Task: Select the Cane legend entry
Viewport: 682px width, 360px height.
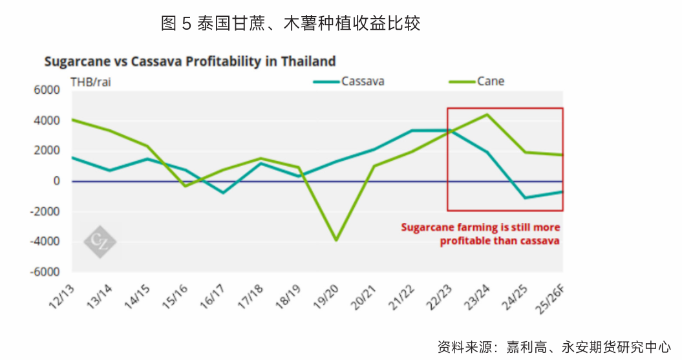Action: [491, 81]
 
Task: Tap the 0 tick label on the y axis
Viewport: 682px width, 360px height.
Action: [57, 182]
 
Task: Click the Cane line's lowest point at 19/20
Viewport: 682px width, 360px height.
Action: [336, 240]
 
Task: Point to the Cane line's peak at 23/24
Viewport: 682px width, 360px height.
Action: [487, 114]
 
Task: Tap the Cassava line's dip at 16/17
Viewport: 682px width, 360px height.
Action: [223, 193]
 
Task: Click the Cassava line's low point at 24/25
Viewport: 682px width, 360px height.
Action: [524, 198]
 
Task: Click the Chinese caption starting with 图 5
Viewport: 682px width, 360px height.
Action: [290, 24]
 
